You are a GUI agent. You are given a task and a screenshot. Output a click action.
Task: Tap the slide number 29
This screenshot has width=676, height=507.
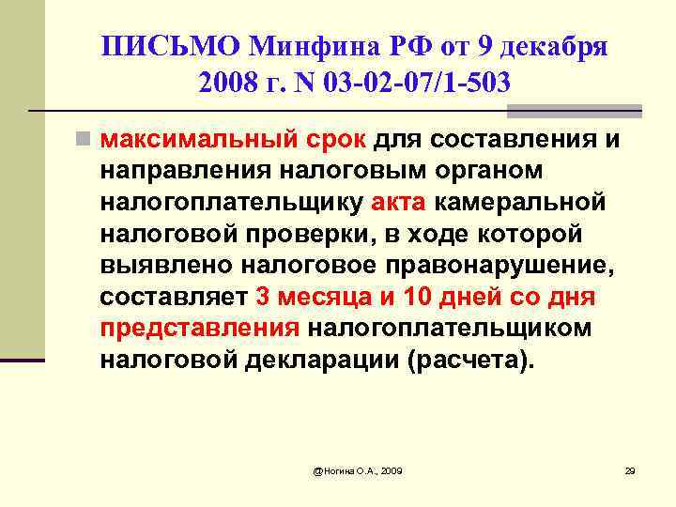point(630,469)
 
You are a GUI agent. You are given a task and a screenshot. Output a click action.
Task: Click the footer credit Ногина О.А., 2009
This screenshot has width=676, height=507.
point(358,469)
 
